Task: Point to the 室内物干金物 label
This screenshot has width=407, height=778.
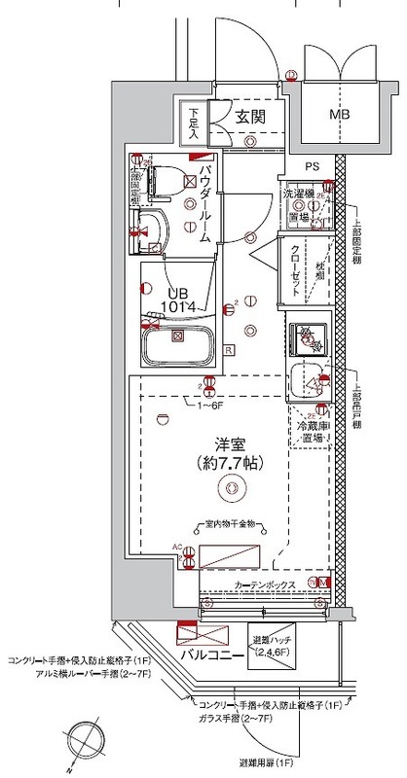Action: [230, 524]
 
